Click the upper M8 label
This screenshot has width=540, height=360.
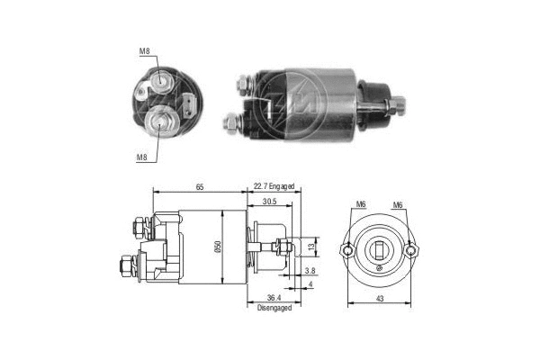tap(144, 52)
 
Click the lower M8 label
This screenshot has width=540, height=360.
tap(141, 157)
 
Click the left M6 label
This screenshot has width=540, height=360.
tap(360, 205)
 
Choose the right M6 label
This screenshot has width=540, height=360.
tap(397, 205)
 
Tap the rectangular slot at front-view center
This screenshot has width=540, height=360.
tap(379, 252)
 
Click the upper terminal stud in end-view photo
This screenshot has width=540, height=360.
tap(162, 82)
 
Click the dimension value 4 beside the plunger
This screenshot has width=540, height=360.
tap(310, 286)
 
